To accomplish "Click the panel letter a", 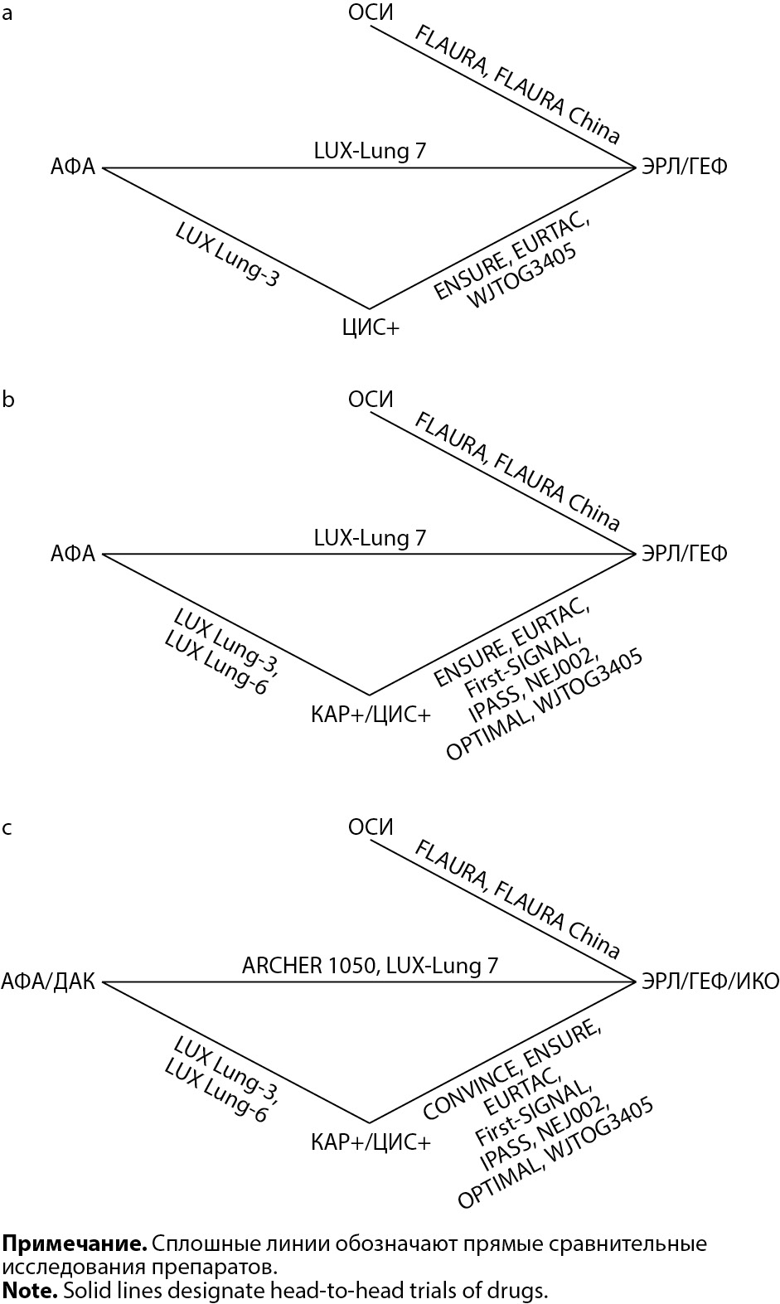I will point(7,14).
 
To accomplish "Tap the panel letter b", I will point(8,400).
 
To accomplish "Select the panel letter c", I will point(7,827).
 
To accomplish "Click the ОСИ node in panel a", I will point(370,12).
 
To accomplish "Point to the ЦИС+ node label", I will point(371,327).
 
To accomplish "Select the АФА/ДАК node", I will point(48,982).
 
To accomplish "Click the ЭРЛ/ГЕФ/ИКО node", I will point(710,982).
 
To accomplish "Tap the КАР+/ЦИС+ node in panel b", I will point(371,714).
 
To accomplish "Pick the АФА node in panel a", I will point(73,167).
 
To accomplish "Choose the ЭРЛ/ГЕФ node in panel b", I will point(684,553).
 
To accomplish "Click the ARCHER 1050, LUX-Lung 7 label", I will point(370,965).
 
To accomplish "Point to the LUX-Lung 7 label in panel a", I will point(370,151).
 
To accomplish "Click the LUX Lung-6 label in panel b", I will point(217,662).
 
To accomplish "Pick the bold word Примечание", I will point(75,1243).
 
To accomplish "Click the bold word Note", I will point(29,1290).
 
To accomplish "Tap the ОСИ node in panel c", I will point(370,827).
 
